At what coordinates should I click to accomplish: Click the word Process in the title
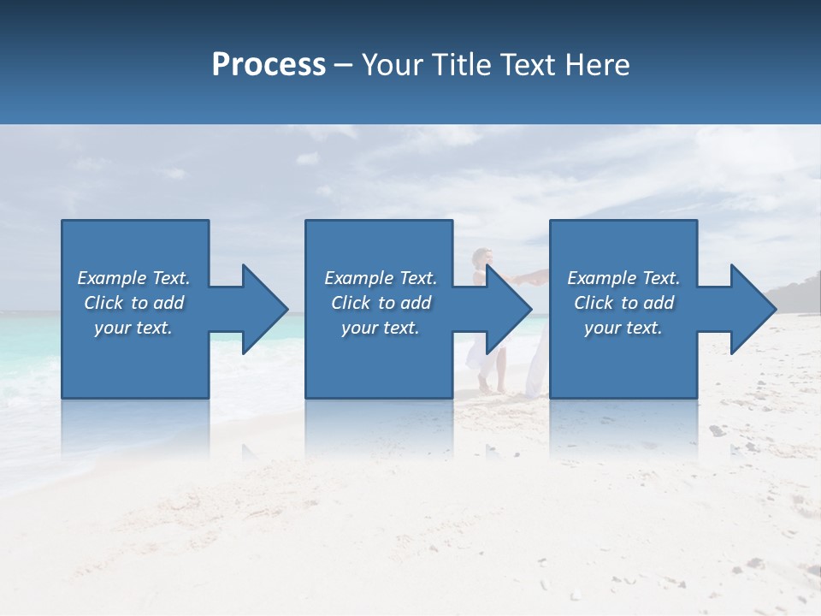click(x=269, y=65)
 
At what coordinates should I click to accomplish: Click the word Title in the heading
click(x=460, y=65)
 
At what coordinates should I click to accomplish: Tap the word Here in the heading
click(x=598, y=65)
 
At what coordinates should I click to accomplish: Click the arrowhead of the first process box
click(x=265, y=309)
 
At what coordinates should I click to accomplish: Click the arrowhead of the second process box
click(x=510, y=309)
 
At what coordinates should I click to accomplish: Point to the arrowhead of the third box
click(x=753, y=309)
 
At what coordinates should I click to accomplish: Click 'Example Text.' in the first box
click(x=133, y=278)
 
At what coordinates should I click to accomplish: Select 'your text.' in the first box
click(x=133, y=328)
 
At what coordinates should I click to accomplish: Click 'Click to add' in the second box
click(x=381, y=303)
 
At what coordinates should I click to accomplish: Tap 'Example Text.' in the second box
click(x=381, y=278)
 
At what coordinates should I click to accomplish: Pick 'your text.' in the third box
click(x=623, y=328)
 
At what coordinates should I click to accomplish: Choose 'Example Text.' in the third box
click(x=623, y=278)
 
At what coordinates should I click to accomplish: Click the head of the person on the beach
click(x=483, y=257)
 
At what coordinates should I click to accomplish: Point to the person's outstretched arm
click(x=526, y=277)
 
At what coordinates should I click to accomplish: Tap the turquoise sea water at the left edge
click(x=26, y=342)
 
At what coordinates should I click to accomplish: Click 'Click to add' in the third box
click(x=623, y=303)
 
